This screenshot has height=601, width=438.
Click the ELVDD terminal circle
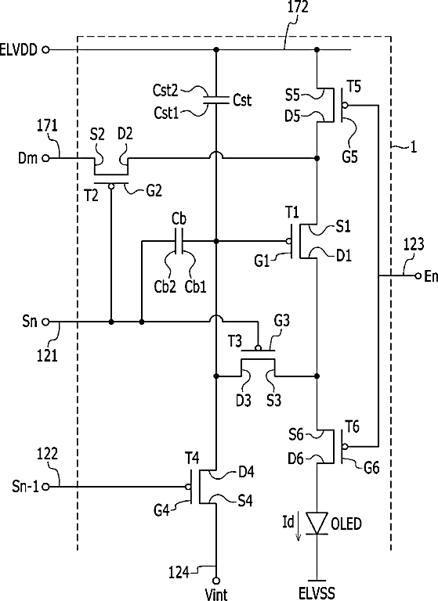45,49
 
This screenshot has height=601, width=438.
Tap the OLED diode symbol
317,524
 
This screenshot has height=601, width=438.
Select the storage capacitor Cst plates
216,100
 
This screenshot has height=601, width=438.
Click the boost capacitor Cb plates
179,241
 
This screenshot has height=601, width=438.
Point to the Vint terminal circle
216,581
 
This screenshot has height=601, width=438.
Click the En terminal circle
418,275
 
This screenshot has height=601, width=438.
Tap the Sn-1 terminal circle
45,487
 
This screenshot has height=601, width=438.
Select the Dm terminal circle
45,158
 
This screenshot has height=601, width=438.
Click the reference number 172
298,7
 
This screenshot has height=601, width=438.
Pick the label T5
354,87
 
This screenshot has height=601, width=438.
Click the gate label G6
371,468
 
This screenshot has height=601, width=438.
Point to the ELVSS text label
317,593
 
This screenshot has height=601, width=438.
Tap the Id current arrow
298,531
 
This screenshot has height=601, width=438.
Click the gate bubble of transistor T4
188,487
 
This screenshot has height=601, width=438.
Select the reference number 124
179,573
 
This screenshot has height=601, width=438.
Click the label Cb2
165,286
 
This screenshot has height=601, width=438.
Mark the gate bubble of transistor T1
288,241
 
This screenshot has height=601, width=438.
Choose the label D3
244,400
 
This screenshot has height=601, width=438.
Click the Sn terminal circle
45,322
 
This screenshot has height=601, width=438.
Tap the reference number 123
414,244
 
